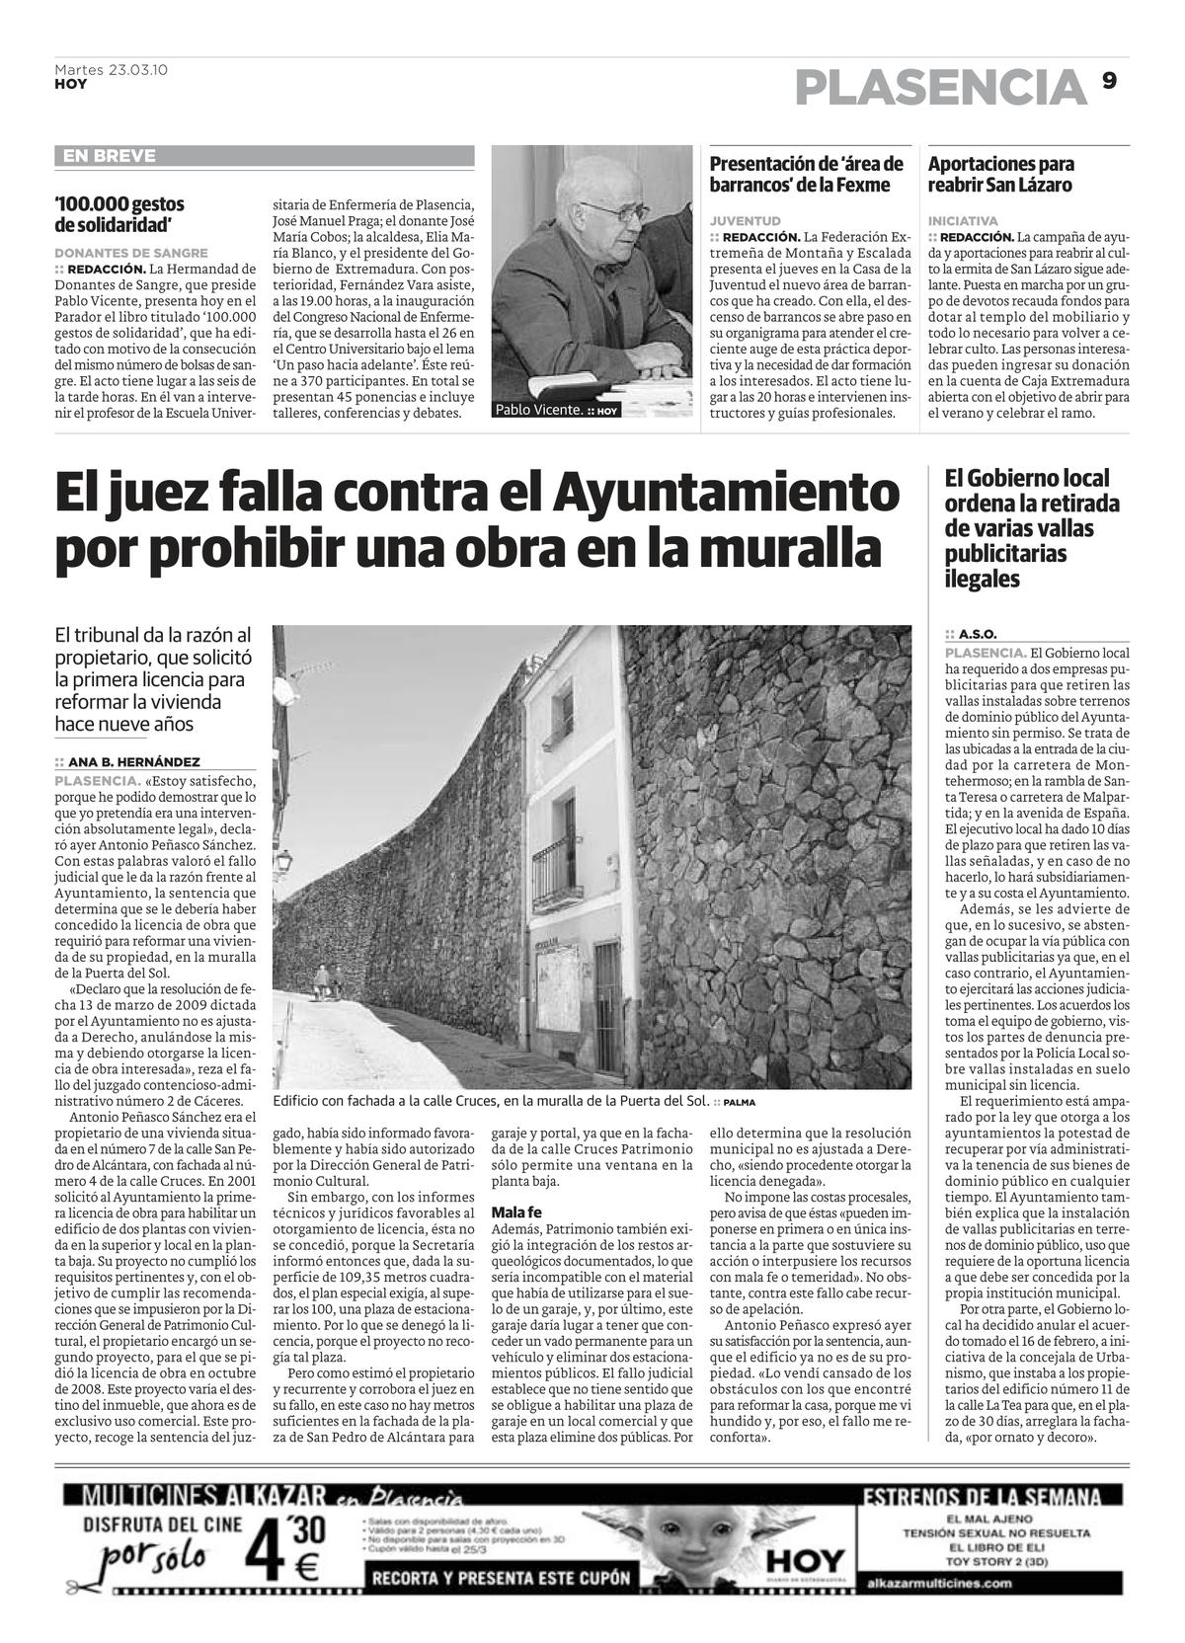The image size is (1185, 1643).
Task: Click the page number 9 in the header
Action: coord(1109,82)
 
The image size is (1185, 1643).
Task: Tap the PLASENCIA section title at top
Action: coord(940,88)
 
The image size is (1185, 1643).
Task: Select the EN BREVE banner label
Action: coord(109,156)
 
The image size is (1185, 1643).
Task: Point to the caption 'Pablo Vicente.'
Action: coord(538,409)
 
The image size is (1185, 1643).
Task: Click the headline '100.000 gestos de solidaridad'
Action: coord(119,213)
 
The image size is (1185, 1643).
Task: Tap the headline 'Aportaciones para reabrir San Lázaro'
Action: coord(1000,174)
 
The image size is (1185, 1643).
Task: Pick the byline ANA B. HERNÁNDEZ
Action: coord(133,761)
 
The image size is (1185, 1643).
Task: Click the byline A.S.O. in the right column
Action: coord(977,634)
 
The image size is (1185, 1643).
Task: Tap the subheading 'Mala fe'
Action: coord(515,1212)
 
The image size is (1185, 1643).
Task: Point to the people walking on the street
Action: coord(327,982)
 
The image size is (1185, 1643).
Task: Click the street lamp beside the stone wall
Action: coord(283,866)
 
